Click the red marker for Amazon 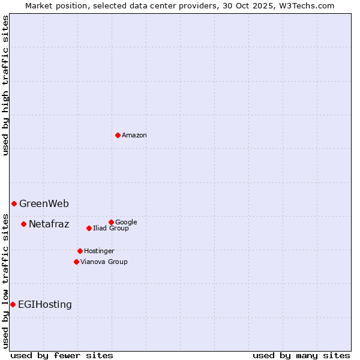(118, 135)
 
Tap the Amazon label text (134, 136)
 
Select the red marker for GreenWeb (14, 203)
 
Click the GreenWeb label (44, 204)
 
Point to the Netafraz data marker (23, 224)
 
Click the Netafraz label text (49, 224)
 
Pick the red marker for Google (111, 222)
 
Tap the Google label (126, 223)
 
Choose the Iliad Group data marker (89, 228)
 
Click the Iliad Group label (111, 229)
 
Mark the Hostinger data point (80, 251)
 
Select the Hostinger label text (99, 251)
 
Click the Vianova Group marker (76, 262)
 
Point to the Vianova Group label (104, 262)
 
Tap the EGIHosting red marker (13, 304)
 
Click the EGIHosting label (45, 305)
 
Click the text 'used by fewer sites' (62, 356)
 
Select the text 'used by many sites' (301, 356)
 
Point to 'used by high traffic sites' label (6, 85)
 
